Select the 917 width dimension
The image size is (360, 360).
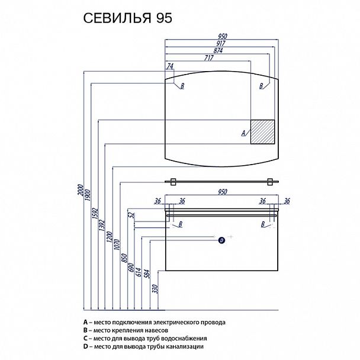tap(222, 43)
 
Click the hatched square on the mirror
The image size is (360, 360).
tap(263, 131)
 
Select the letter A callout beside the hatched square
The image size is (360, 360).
tap(243, 133)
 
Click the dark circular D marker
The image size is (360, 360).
tap(221, 240)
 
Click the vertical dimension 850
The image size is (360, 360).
tap(124, 257)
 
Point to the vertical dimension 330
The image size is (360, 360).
tap(153, 290)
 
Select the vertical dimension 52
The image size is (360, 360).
tap(131, 217)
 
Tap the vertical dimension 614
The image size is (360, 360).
tap(139, 269)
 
